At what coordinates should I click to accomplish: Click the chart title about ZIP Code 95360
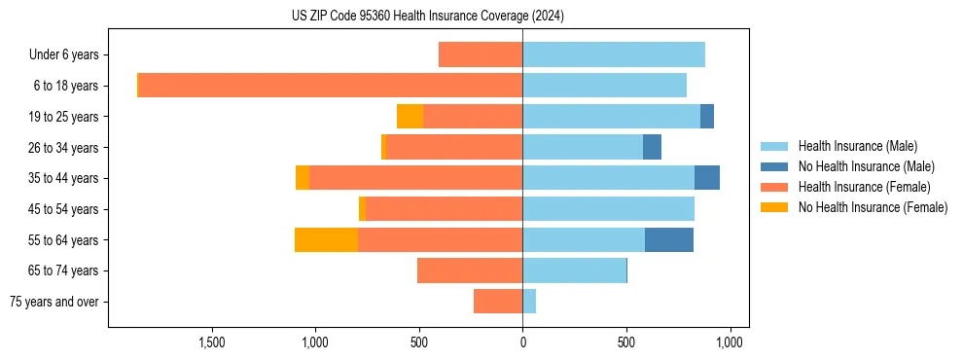pyautogui.click(x=427, y=17)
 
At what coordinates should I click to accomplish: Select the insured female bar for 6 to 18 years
pyautogui.click(x=331, y=86)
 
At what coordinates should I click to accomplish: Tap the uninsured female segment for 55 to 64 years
pyautogui.click(x=326, y=239)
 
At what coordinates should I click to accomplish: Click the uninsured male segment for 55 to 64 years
pyautogui.click(x=669, y=239)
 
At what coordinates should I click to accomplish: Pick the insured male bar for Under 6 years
pyautogui.click(x=614, y=54)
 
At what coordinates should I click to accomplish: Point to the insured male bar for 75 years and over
pyautogui.click(x=529, y=302)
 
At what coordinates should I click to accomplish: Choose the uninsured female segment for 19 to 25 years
pyautogui.click(x=410, y=117)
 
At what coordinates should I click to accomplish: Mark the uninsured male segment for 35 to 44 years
pyautogui.click(x=707, y=178)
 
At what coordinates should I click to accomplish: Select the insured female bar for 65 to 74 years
pyautogui.click(x=470, y=270)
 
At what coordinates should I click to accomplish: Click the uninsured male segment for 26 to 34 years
pyautogui.click(x=652, y=147)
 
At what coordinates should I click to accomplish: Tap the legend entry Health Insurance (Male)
pyautogui.click(x=857, y=146)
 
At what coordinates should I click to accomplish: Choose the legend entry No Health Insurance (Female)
pyautogui.click(x=873, y=207)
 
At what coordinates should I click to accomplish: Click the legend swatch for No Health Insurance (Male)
pyautogui.click(x=774, y=166)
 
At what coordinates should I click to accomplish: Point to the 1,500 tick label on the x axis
pyautogui.click(x=212, y=342)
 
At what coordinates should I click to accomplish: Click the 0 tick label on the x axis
pyautogui.click(x=522, y=342)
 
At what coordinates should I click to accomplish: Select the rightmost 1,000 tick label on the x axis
pyautogui.click(x=730, y=342)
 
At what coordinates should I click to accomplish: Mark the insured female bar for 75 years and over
pyautogui.click(x=498, y=302)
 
